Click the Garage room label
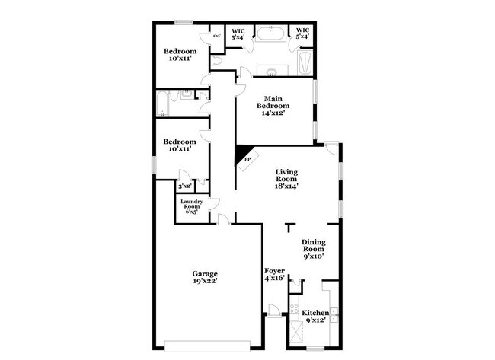tap(205, 278)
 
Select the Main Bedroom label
tap(274, 105)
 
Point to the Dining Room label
tap(312, 249)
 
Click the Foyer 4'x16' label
tap(274, 274)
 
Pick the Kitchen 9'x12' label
tap(315, 317)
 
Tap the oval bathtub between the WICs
tap(270, 34)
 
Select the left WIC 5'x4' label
tap(238, 34)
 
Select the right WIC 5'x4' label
tap(302, 34)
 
